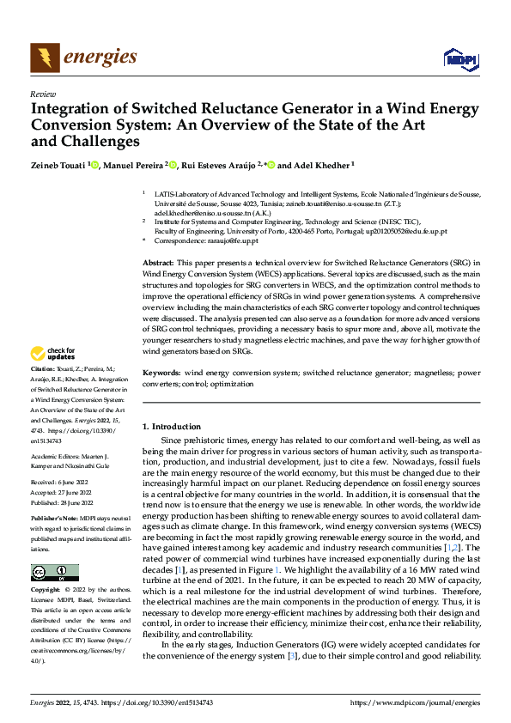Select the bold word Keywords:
161,374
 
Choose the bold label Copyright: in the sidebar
47,591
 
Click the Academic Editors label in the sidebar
55,457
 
